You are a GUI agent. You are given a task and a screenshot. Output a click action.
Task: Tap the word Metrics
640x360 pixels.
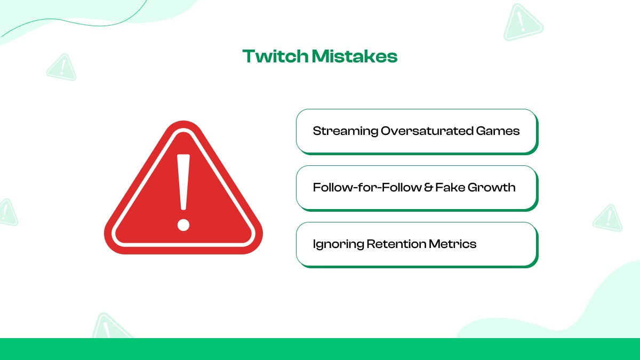(453, 244)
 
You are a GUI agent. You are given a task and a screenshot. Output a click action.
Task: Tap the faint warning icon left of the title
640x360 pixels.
(62, 68)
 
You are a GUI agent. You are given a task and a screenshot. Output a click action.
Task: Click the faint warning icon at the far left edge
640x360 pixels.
(6, 212)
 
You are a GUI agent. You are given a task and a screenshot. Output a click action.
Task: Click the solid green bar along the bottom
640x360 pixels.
(320, 349)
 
